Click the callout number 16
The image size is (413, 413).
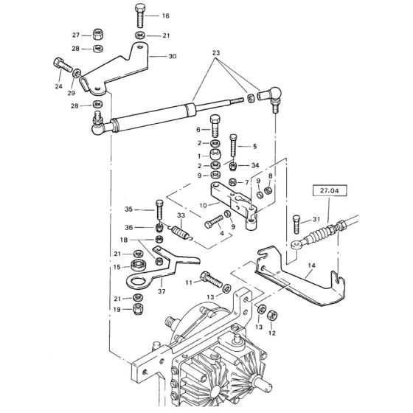point(165,15)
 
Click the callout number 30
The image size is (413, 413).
point(173,56)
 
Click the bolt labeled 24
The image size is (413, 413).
point(60,66)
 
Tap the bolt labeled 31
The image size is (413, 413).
point(296,219)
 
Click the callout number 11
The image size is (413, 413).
point(189,282)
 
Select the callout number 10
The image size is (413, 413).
point(204,204)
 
